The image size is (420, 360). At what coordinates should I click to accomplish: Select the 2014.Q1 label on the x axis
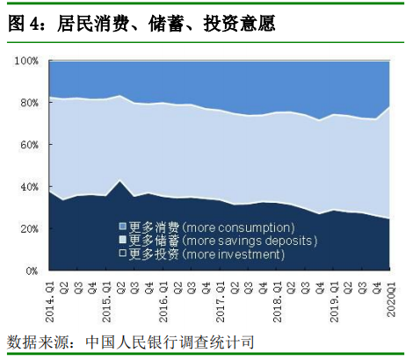[x=50, y=298]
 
